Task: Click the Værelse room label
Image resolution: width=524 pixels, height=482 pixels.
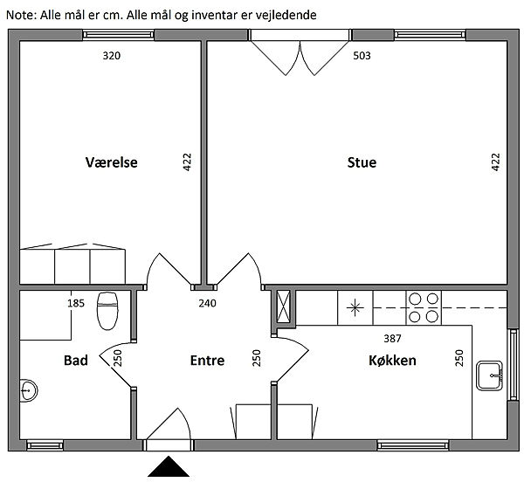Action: click(x=111, y=162)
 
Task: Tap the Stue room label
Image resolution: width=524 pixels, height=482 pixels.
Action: click(x=362, y=162)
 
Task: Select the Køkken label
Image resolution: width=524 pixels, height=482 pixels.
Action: click(x=392, y=361)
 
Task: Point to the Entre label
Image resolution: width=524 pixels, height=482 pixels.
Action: click(x=207, y=361)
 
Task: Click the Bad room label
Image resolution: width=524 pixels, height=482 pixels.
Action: click(x=76, y=361)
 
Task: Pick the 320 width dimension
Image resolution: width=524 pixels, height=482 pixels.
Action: click(x=111, y=56)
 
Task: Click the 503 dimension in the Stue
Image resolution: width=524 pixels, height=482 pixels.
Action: click(x=362, y=56)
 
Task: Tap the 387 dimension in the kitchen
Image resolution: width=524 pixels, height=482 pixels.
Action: click(x=392, y=339)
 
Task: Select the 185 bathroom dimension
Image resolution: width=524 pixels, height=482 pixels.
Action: click(x=76, y=303)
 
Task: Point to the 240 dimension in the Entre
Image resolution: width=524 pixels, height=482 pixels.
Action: click(x=207, y=303)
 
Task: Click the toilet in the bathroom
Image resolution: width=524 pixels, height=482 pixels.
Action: click(x=107, y=311)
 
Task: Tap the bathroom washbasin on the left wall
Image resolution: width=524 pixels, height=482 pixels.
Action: click(x=29, y=390)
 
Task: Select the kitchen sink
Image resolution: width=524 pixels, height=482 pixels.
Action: click(x=489, y=375)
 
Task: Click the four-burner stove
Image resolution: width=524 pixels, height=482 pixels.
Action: click(x=424, y=308)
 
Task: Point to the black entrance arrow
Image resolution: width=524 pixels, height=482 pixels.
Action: click(x=169, y=466)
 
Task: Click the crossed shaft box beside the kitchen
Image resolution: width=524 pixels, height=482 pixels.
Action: click(x=283, y=306)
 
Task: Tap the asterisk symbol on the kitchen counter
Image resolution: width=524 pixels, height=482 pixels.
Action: click(x=355, y=307)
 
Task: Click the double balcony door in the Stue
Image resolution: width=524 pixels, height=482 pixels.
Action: click(x=300, y=52)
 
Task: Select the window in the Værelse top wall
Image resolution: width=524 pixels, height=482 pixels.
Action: click(x=118, y=35)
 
